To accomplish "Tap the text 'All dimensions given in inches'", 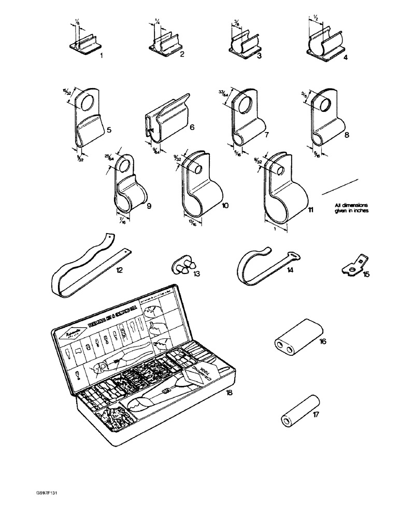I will click(352, 213).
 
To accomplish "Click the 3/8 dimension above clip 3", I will click(237, 22).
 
